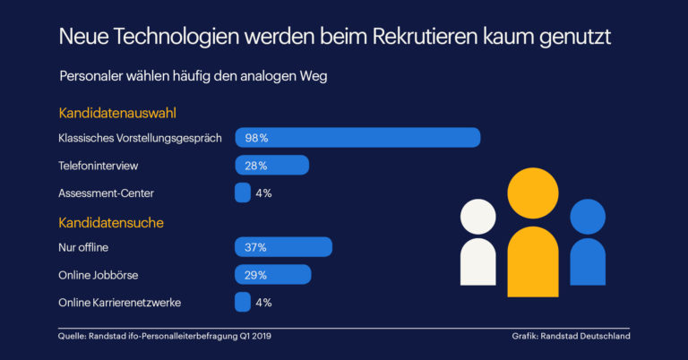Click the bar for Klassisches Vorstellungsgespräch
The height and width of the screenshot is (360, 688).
[x=357, y=138]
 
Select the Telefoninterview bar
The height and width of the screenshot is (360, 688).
[x=271, y=166]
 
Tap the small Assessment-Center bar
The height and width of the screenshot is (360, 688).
[x=242, y=193]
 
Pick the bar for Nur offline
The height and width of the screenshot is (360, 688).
[x=283, y=247]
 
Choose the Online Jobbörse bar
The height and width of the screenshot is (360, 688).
[x=272, y=275]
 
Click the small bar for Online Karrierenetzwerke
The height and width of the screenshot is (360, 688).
[x=242, y=303]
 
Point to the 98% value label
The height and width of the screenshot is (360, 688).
[x=256, y=138]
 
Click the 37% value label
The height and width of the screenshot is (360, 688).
[x=256, y=247]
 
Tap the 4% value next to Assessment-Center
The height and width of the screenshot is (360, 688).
[x=262, y=193]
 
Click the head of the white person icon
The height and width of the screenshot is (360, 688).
[x=477, y=216]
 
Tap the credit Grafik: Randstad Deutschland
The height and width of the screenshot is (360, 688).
[x=571, y=336]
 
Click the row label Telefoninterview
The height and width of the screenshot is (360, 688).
[x=99, y=166]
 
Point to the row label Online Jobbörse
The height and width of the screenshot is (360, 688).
[x=99, y=275]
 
